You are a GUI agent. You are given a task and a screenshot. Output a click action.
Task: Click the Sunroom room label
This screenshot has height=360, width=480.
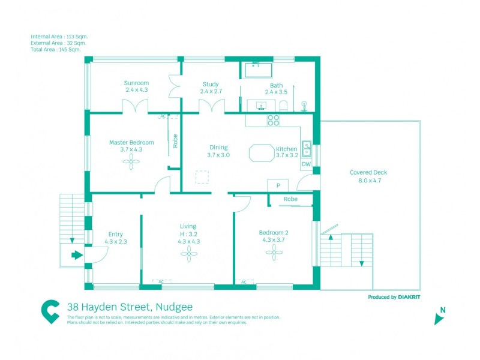coord(136,83)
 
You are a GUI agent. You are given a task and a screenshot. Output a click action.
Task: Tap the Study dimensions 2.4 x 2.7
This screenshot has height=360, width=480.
coord(211,91)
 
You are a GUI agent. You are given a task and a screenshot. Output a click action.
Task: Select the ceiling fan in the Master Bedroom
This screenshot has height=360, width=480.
coord(131,161)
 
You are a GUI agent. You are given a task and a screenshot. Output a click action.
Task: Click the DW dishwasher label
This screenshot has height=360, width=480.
coord(306,164)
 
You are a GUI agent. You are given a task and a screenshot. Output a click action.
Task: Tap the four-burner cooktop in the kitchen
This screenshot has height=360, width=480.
coord(274,121)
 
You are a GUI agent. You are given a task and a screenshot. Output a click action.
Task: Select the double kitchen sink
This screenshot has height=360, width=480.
coord(307,148)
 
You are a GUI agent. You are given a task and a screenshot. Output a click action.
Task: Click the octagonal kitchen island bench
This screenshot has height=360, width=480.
coord(262,153)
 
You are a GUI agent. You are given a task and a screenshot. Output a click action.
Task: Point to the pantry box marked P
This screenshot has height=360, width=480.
coord(278,185)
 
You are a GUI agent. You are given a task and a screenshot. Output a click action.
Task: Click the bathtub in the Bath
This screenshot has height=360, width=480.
coord(258,70)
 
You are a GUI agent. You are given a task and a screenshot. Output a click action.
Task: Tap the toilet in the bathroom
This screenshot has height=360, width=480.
coord(283,106)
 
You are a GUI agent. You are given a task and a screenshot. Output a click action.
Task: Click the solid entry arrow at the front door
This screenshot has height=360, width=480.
coord(77,254)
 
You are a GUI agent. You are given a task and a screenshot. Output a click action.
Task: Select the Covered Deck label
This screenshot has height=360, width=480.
coord(368,172)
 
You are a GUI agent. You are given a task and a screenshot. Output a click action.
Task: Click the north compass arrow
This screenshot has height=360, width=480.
coord(439,319)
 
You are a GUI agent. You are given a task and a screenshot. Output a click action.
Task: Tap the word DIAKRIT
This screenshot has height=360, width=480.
coord(409,297)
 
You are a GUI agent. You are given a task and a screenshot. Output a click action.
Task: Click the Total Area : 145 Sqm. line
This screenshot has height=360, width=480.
coord(56,50)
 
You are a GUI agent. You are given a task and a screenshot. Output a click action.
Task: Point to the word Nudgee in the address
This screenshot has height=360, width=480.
coord(174,307)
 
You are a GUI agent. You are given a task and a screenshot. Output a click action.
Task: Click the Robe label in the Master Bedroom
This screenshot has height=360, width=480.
coord(175,141)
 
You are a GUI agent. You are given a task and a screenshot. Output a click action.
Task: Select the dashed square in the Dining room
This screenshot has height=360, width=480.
coord(202,177)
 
